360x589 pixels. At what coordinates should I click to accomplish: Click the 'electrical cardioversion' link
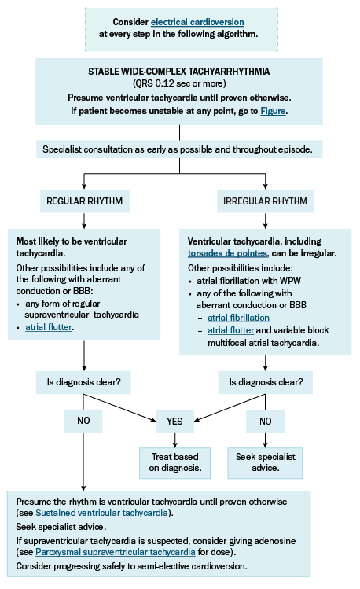197,22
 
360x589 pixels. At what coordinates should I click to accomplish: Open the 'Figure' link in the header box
273,111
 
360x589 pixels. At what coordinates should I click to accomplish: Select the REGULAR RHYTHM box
85,201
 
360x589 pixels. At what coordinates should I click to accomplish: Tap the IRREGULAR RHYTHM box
266,201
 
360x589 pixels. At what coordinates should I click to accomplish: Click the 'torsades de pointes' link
227,253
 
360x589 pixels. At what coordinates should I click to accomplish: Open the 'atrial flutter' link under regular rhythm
49,327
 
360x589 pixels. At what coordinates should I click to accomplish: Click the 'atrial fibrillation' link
238,318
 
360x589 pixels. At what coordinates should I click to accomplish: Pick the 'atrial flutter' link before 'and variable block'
231,330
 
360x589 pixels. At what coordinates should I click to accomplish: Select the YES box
175,421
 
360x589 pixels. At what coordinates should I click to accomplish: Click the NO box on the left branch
83,421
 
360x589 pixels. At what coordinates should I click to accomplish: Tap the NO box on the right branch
266,421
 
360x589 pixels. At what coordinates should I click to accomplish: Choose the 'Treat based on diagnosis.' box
175,462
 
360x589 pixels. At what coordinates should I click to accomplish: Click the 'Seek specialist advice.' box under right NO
265,462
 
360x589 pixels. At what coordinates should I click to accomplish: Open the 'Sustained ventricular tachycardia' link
101,513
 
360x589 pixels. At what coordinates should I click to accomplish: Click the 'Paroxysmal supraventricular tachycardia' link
116,552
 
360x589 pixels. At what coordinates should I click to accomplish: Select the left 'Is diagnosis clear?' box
83,382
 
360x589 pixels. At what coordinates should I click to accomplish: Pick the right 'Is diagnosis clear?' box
266,382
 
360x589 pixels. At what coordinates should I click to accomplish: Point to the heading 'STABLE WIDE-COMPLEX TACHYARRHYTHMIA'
179,72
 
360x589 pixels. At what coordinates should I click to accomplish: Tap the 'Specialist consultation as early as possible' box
179,149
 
